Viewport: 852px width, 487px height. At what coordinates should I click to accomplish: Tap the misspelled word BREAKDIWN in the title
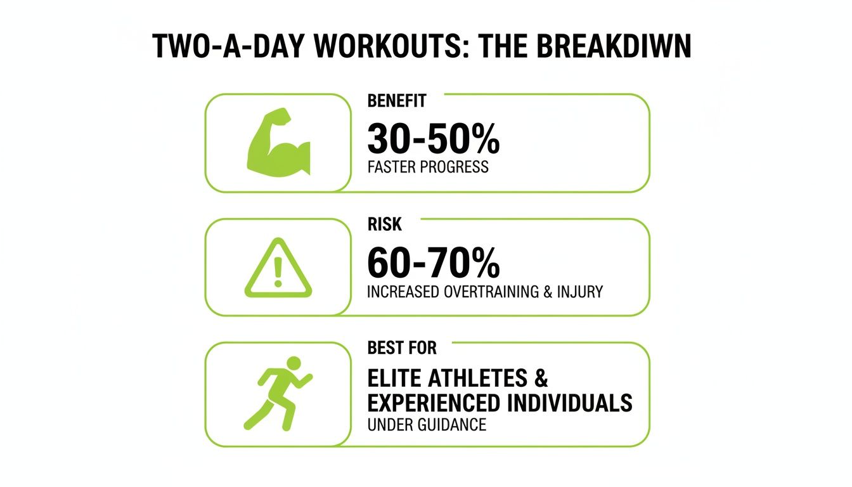click(614, 46)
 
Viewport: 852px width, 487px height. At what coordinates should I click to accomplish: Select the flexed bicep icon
click(278, 143)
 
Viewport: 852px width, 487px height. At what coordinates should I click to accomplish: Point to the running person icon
click(278, 393)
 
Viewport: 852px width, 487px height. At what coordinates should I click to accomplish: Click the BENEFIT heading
click(397, 101)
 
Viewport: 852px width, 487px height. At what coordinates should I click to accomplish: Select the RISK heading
click(385, 224)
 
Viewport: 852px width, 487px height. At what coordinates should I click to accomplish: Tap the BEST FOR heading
click(402, 347)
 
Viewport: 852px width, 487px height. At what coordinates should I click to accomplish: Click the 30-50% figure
click(434, 138)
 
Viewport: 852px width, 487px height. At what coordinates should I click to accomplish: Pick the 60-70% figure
click(434, 263)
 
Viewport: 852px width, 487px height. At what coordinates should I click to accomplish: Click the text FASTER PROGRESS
click(428, 167)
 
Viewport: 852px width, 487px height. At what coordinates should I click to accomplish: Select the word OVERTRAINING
click(491, 292)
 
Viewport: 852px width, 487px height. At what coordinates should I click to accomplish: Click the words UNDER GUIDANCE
click(427, 425)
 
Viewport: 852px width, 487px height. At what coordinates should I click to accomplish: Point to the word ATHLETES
click(478, 378)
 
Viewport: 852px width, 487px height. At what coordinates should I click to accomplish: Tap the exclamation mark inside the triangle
click(278, 272)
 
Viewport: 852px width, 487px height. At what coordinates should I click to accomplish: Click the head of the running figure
click(294, 363)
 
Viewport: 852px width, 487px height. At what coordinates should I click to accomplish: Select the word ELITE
click(394, 378)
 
